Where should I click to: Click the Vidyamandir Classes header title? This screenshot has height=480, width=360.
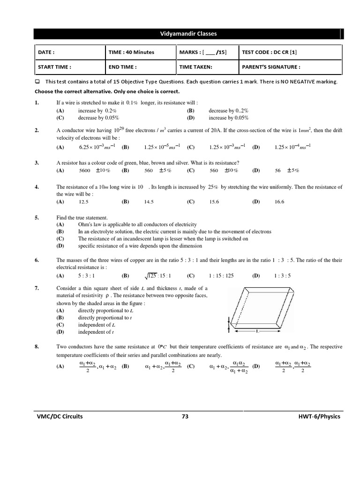tap(188, 34)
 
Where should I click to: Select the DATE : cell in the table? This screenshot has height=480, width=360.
tap(46, 52)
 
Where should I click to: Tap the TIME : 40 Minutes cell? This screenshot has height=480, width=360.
tap(131, 52)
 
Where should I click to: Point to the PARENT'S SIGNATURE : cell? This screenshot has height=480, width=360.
tap(271, 67)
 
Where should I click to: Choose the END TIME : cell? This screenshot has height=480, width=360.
tap(123, 67)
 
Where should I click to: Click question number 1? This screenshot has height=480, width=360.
tap(37, 102)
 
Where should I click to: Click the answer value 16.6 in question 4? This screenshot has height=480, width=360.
tap(279, 202)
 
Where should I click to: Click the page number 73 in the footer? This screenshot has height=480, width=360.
tap(185, 416)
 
